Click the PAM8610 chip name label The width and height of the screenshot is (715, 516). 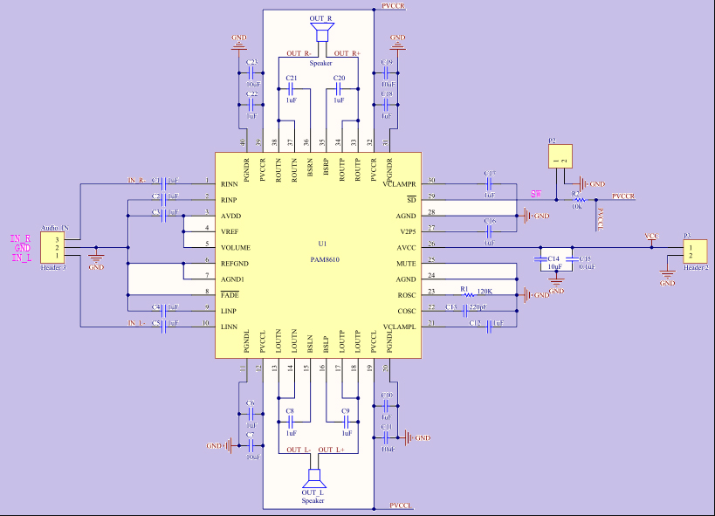(x=325, y=259)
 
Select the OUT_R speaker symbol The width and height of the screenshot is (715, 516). (x=322, y=32)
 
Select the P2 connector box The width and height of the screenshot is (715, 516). (x=560, y=157)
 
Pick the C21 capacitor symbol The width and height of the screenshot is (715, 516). (x=291, y=89)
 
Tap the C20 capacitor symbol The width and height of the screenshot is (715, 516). (x=340, y=89)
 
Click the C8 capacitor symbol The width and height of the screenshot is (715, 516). (x=290, y=421)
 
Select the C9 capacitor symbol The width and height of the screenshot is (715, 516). (x=346, y=421)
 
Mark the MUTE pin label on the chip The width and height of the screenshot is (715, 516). (x=406, y=263)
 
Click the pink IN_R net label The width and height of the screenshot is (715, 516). (x=21, y=238)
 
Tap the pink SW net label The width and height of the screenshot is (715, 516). (x=536, y=194)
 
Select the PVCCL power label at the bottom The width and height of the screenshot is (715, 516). (x=401, y=506)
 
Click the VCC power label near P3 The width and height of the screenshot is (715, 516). (x=651, y=237)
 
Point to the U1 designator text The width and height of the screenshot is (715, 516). (x=323, y=244)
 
